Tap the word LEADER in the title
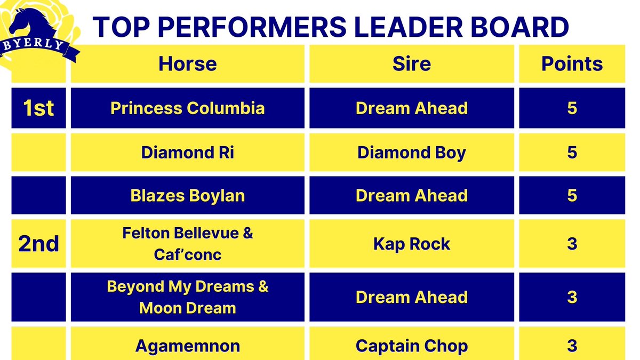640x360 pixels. [x=383, y=28]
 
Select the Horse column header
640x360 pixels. [x=187, y=64]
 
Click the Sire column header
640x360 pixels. [x=411, y=64]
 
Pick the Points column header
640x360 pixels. [x=572, y=64]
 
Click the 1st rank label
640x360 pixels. [x=38, y=108]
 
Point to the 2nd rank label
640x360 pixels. [x=38, y=244]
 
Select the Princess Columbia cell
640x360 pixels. [x=187, y=108]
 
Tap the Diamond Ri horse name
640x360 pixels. [x=187, y=153]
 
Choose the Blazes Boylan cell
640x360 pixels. [x=187, y=195]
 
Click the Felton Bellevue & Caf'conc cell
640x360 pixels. [x=187, y=244]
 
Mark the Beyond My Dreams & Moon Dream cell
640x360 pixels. [x=187, y=297]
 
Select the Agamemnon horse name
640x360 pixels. [x=187, y=346]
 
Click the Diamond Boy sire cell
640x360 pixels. [x=411, y=153]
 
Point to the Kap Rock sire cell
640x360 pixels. [x=411, y=244]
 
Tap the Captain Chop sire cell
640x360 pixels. [x=411, y=346]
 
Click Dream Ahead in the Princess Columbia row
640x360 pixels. [x=411, y=108]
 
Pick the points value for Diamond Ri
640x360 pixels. [x=572, y=153]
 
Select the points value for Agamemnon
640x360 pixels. [x=572, y=346]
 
